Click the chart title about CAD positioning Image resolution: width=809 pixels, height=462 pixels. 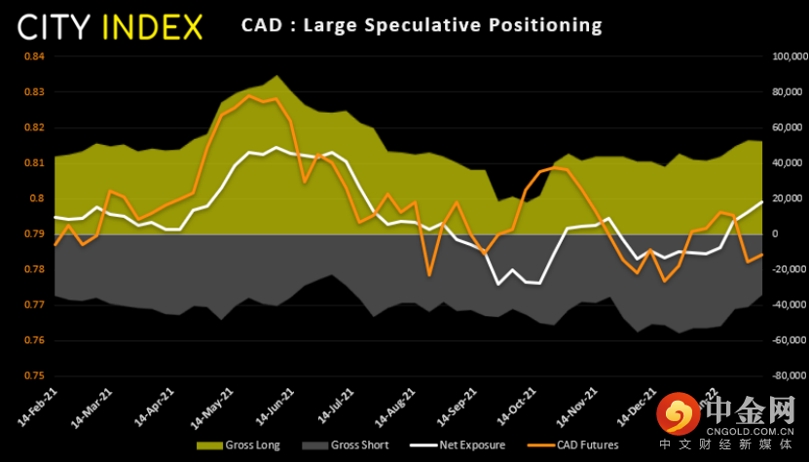coord(422,24)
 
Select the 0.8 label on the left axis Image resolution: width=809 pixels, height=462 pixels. coord(37,198)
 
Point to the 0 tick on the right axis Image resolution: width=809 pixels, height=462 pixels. coord(773,234)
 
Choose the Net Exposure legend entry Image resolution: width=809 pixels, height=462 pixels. coord(465,445)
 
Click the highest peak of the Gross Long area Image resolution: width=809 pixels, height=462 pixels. coord(277,76)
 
